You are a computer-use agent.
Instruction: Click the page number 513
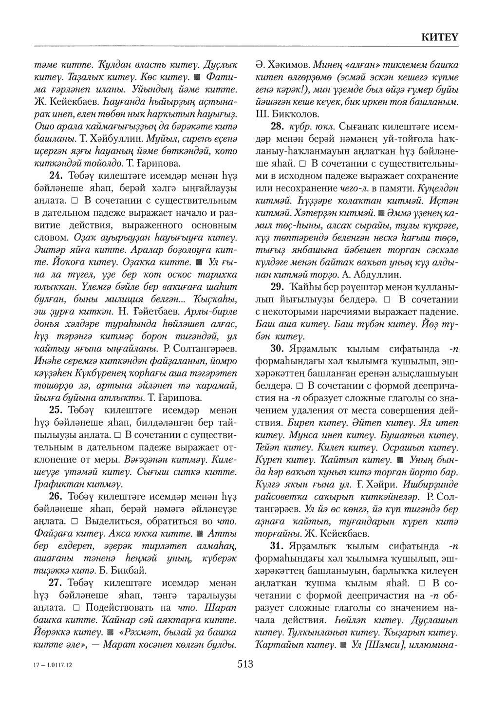[x=244, y=663]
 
